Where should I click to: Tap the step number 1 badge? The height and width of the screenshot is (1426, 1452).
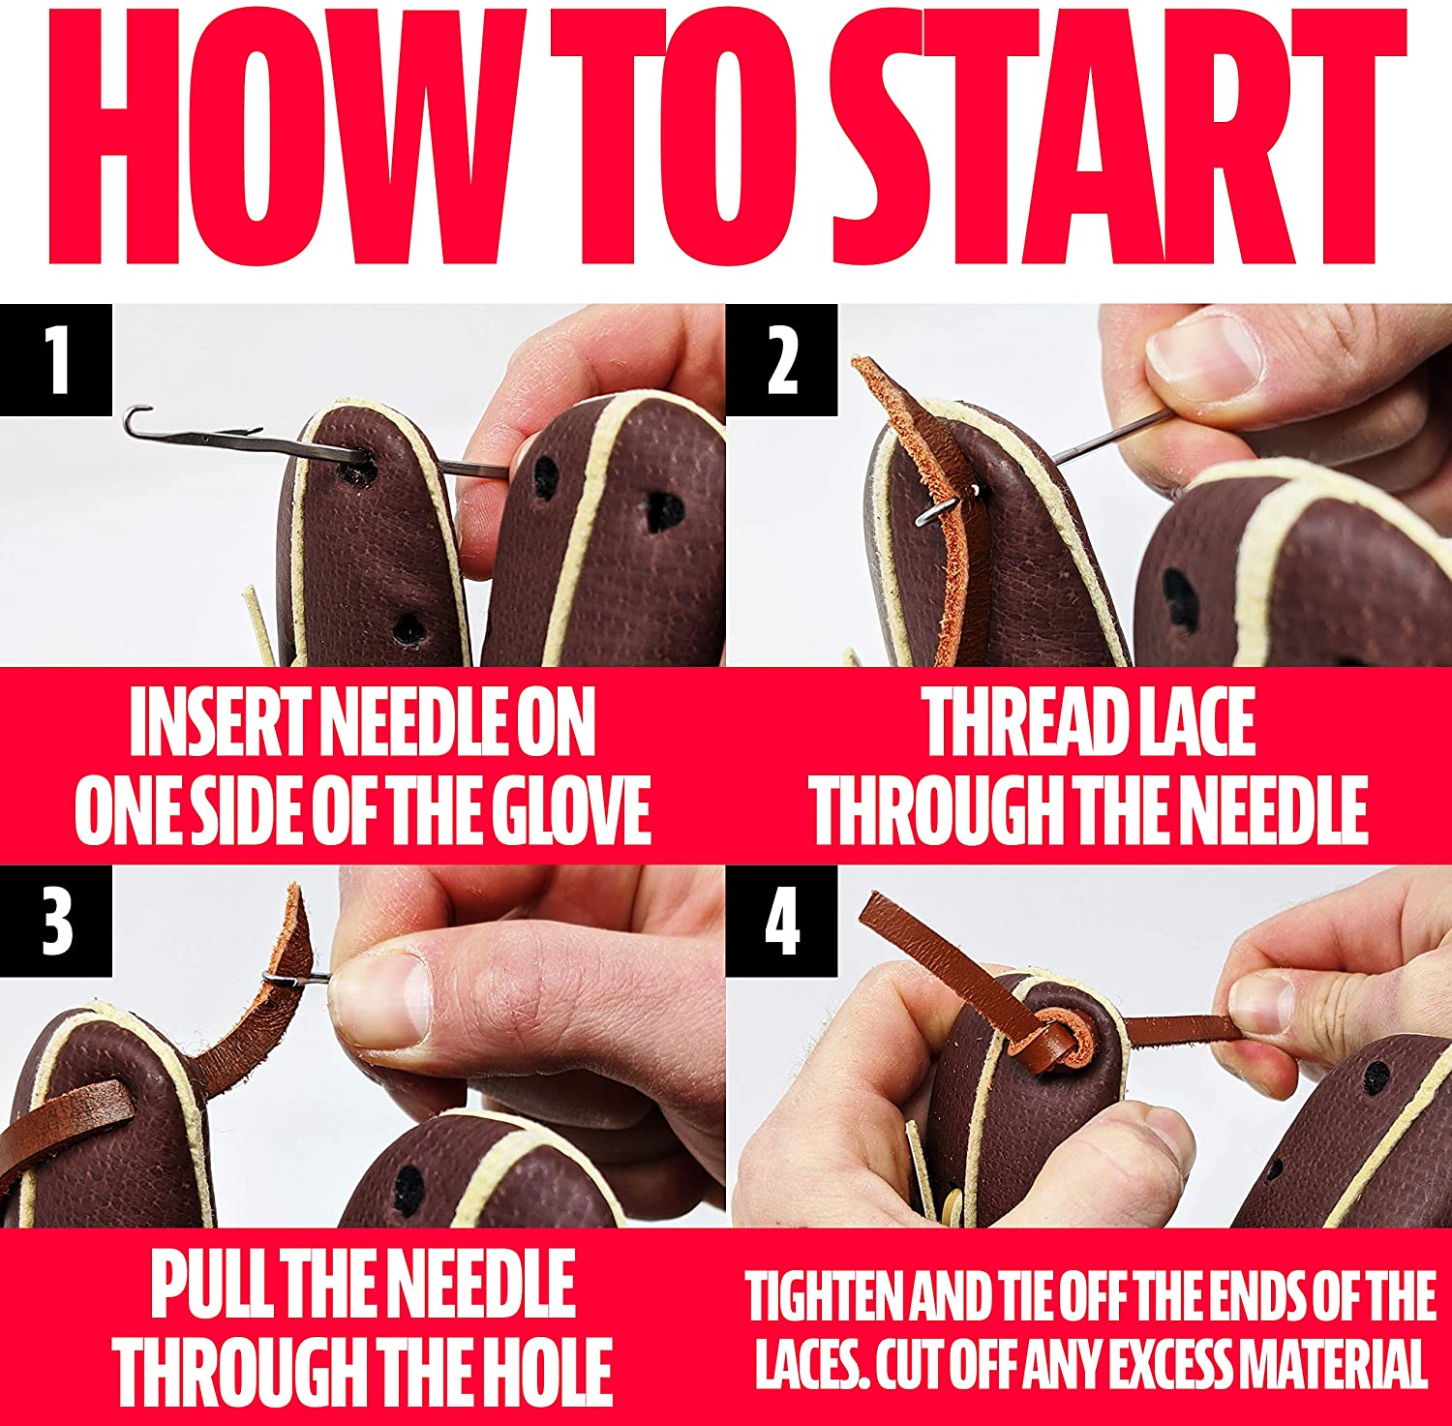coord(56,359)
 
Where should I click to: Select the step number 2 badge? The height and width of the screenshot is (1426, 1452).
coord(781,359)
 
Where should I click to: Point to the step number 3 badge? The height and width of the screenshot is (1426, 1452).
coord(56,921)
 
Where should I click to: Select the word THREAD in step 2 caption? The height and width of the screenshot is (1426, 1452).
coord(1015,723)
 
